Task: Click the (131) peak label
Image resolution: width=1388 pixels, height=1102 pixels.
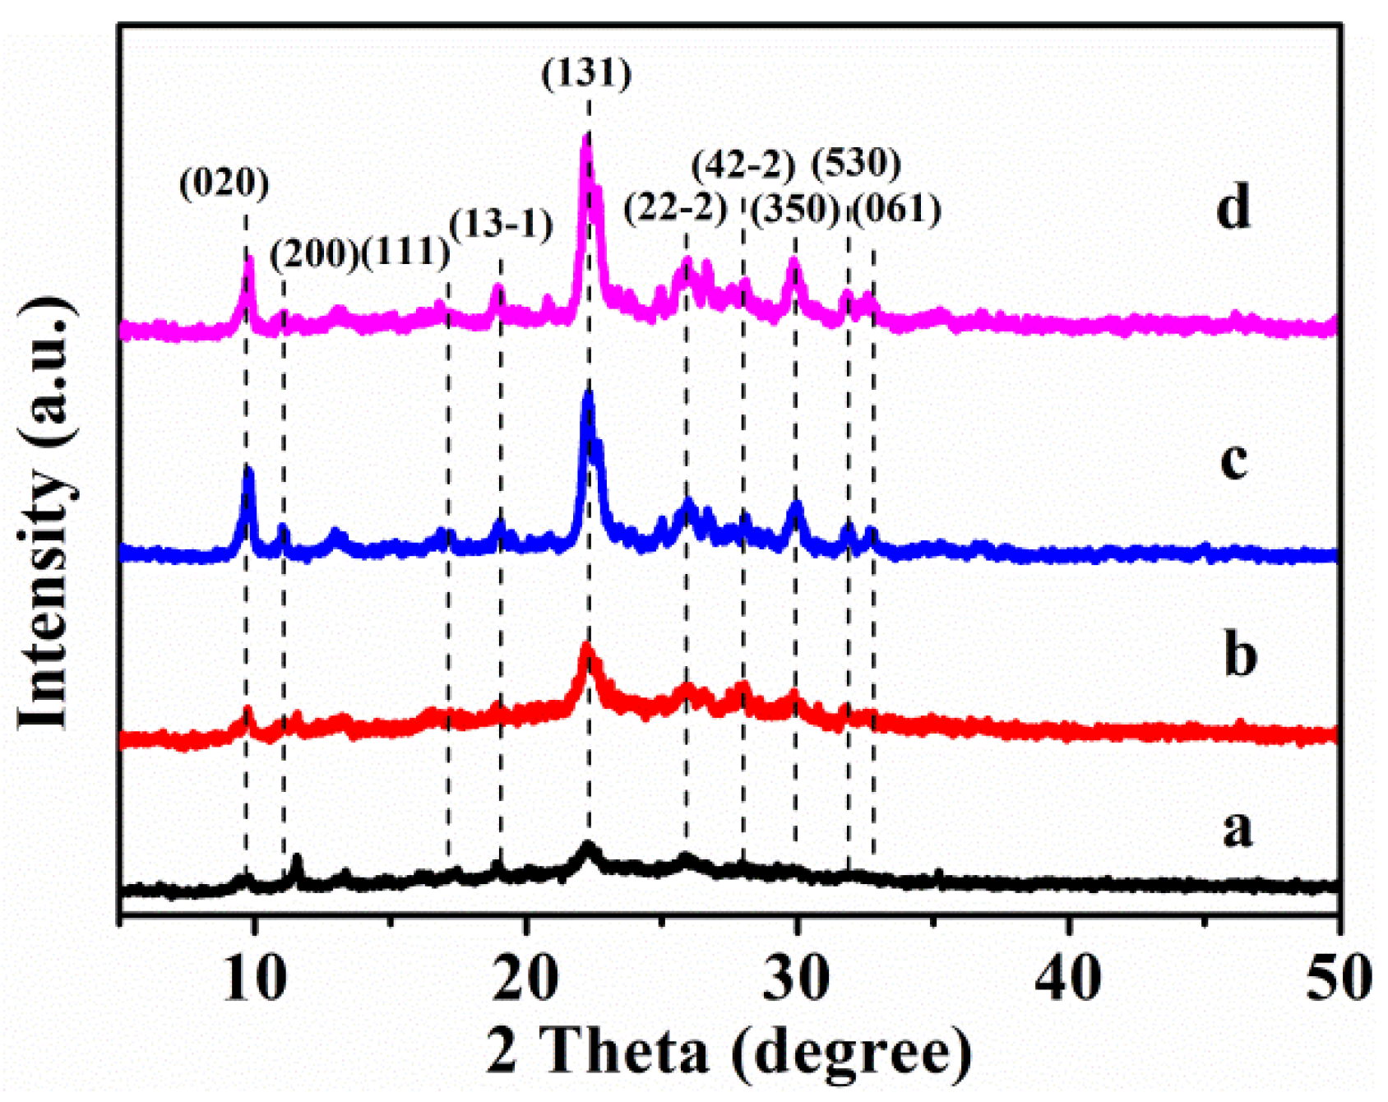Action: pyautogui.click(x=587, y=74)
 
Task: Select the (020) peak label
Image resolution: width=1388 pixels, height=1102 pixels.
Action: pyautogui.click(x=224, y=183)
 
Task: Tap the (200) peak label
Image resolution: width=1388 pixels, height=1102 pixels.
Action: pyautogui.click(x=315, y=254)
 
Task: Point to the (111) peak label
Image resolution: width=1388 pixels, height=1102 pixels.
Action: pyautogui.click(x=406, y=252)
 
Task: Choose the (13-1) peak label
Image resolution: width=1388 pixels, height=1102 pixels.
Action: pyautogui.click(x=502, y=223)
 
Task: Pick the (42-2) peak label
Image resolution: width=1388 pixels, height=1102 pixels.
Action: pyautogui.click(x=744, y=166)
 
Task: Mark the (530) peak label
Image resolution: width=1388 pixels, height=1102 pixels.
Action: pyautogui.click(x=857, y=164)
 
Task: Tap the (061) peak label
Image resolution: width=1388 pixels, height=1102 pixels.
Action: pyautogui.click(x=896, y=209)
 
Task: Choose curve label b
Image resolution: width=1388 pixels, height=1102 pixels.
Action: pyautogui.click(x=1240, y=655)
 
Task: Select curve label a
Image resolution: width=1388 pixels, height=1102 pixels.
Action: pyautogui.click(x=1238, y=829)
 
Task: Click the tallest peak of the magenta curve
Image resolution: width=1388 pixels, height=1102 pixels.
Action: pyautogui.click(x=586, y=140)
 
